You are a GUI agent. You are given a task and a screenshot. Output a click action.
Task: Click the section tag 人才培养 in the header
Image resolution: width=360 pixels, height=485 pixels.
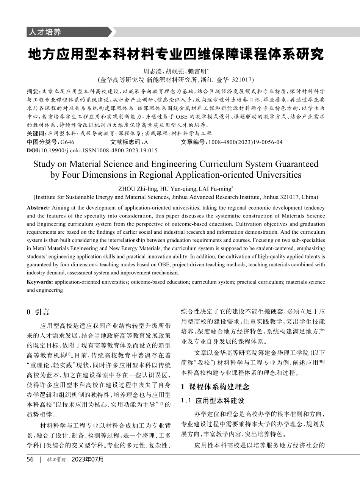pyautogui.click(x=44, y=32)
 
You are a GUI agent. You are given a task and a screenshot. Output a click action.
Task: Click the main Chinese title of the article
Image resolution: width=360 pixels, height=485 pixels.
pyautogui.click(x=176, y=54)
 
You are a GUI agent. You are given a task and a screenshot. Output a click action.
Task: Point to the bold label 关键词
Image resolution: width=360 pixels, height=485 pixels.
pyautogui.click(x=36, y=133)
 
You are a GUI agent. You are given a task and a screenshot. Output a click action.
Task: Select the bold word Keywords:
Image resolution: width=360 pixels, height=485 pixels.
pyautogui.click(x=40, y=282)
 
